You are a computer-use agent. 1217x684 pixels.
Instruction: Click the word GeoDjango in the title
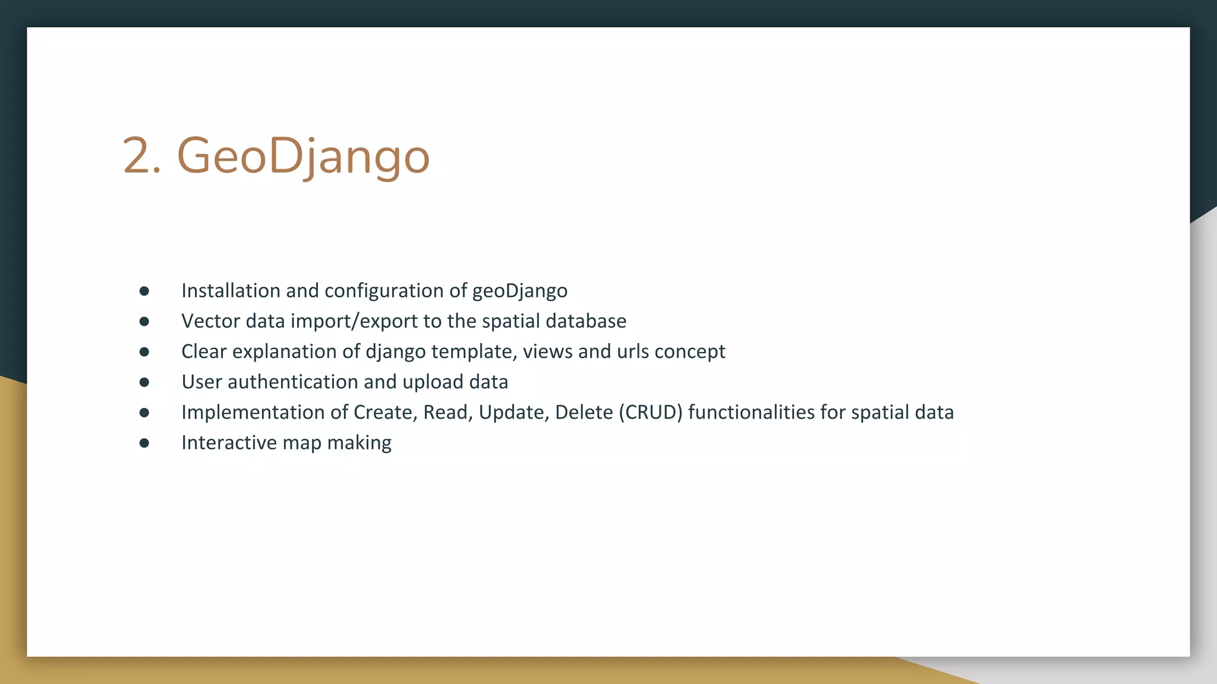tap(303, 156)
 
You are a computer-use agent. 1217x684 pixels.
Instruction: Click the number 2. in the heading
tap(141, 156)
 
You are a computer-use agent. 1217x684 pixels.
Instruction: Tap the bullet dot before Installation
tap(144, 291)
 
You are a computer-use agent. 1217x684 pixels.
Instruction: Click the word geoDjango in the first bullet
tap(519, 291)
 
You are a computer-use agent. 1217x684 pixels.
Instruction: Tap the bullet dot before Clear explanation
tap(144, 351)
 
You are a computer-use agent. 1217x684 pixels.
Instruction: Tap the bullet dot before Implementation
tap(144, 412)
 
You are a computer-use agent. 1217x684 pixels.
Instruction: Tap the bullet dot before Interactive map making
tap(144, 443)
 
